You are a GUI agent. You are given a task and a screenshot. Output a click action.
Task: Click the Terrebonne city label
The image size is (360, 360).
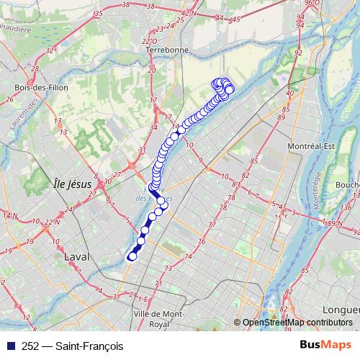[166, 51]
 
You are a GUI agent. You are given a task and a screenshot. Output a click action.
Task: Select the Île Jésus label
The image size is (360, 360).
[73, 184]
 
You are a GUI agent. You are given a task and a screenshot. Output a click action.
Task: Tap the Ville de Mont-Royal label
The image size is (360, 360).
[159, 319]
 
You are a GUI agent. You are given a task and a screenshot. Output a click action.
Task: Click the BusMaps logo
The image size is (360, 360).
[325, 346]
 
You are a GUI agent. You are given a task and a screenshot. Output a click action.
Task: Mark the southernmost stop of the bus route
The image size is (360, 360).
[132, 256]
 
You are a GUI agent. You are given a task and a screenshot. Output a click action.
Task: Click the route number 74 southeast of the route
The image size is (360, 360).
[188, 256]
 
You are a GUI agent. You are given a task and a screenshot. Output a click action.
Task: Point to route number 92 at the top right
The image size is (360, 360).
[298, 53]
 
